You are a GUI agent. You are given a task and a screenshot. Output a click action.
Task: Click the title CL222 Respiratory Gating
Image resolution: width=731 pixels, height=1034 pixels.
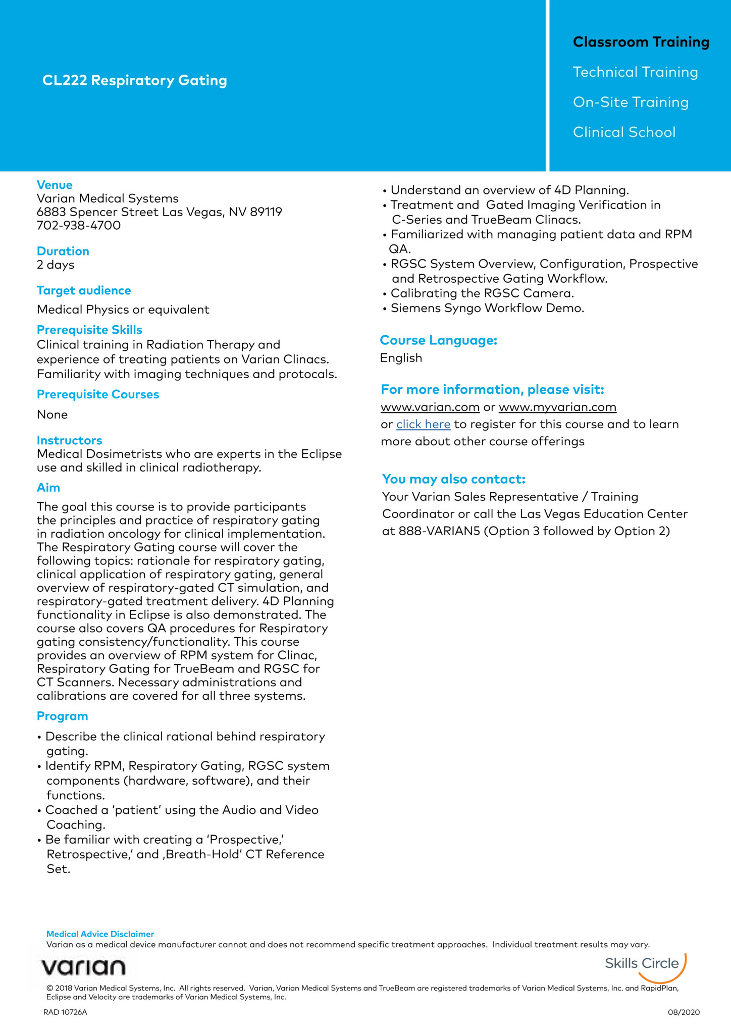pyautogui.click(x=135, y=80)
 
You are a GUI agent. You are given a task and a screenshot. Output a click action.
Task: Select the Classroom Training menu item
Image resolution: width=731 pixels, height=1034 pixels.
pyautogui.click(x=641, y=42)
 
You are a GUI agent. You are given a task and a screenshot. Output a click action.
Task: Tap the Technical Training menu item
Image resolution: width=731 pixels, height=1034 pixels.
pyautogui.click(x=635, y=72)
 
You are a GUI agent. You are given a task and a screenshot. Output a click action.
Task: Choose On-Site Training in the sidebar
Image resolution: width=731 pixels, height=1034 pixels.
pyautogui.click(x=631, y=102)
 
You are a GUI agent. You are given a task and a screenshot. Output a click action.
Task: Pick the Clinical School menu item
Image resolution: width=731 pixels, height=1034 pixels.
pyautogui.click(x=624, y=132)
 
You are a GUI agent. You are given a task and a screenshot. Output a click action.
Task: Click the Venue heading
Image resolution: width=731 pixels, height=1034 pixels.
pyautogui.click(x=55, y=185)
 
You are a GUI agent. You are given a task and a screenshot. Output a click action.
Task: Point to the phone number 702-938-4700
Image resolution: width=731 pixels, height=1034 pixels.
pyautogui.click(x=79, y=225)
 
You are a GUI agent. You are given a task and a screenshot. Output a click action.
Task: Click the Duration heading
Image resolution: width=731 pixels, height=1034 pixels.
pyautogui.click(x=63, y=251)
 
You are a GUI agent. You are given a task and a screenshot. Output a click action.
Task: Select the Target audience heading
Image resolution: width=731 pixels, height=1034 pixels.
pyautogui.click(x=84, y=290)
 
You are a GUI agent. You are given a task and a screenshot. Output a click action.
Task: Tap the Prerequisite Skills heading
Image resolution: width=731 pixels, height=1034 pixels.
pyautogui.click(x=89, y=330)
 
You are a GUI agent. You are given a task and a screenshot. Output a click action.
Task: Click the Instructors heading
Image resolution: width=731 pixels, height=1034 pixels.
pyautogui.click(x=70, y=440)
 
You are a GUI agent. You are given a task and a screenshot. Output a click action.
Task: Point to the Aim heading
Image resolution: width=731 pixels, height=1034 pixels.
pyautogui.click(x=48, y=487)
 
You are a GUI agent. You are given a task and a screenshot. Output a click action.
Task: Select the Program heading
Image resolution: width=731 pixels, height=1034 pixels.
pyautogui.click(x=63, y=716)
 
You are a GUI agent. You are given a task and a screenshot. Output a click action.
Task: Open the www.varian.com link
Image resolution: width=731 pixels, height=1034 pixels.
pyautogui.click(x=430, y=407)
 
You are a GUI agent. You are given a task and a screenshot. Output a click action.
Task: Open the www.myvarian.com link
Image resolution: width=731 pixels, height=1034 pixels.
pyautogui.click(x=557, y=407)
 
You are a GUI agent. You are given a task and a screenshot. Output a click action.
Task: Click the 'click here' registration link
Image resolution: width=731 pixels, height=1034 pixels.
pyautogui.click(x=423, y=424)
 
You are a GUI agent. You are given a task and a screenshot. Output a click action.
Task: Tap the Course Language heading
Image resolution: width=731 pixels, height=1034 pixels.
pyautogui.click(x=439, y=340)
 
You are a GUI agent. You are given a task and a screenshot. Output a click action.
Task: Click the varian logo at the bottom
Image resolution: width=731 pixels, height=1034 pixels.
pyautogui.click(x=83, y=967)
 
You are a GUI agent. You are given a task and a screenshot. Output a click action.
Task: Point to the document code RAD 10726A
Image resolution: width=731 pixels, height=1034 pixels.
pyautogui.click(x=65, y=1012)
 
